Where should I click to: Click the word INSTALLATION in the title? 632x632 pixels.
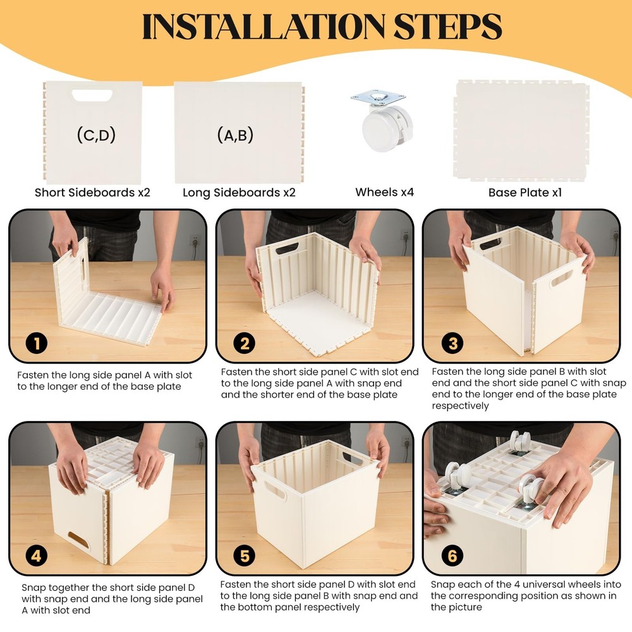264,27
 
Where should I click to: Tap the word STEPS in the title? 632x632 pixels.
447,27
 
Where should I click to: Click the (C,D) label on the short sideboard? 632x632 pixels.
96,135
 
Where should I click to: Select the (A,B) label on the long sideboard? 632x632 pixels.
235,135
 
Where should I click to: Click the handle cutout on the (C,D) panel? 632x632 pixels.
92,95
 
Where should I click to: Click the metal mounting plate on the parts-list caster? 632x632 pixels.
378,98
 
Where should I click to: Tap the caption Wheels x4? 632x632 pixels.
384,192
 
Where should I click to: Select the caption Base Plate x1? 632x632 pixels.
525,192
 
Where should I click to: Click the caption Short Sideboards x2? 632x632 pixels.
92,192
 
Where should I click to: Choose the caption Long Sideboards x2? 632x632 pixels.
239,192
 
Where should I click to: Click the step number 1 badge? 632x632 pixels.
36,344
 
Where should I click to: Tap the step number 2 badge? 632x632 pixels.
245,343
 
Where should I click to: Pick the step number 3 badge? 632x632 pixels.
453,343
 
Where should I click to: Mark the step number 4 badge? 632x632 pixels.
36,556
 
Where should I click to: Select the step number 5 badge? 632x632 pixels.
245,556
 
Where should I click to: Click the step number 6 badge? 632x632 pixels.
453,556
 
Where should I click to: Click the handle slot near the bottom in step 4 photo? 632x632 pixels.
79,541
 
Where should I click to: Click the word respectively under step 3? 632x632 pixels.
460,406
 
